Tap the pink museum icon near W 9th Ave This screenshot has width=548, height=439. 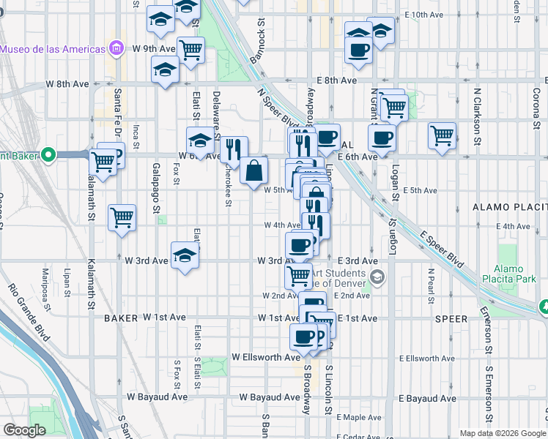116,49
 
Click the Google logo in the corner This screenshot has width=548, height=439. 25,430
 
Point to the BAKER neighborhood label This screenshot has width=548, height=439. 121,318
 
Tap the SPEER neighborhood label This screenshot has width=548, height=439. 450,319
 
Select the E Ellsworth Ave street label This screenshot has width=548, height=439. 428,358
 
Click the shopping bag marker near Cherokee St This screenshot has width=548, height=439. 253,170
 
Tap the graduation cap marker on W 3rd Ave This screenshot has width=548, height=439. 185,255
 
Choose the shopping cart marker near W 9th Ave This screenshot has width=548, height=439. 190,50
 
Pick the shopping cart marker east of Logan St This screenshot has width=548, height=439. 442,135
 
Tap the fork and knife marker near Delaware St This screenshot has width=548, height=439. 234,150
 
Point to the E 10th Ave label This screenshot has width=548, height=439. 424,15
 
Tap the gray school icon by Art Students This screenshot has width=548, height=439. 377,276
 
